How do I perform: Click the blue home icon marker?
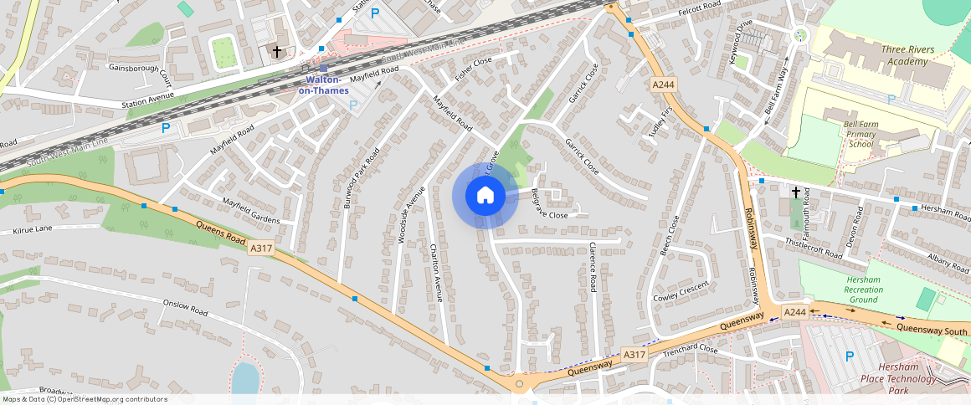coord(485,196)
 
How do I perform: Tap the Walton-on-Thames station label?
coord(324,85)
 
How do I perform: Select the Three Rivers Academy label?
coord(907,55)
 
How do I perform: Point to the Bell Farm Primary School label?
coord(861,134)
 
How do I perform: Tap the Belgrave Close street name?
coord(548,203)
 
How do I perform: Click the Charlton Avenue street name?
coord(434,272)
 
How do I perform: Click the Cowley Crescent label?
coord(681,291)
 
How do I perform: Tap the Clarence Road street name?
coord(592,267)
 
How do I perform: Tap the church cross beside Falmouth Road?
coord(794,192)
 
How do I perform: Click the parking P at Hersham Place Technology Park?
coord(850,356)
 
